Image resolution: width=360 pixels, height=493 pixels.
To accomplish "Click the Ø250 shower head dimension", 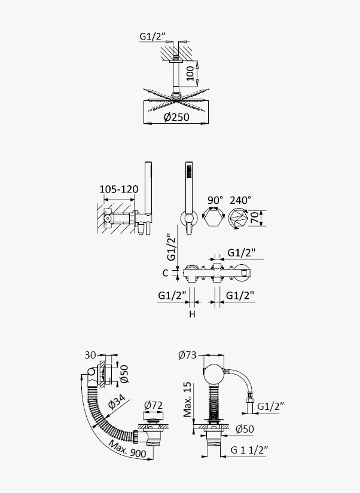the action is [176, 117].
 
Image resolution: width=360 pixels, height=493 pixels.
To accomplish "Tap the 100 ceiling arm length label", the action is [190, 74].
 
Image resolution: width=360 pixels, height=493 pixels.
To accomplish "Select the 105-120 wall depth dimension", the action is [118, 189].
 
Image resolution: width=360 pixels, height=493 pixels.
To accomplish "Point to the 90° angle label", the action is [215, 200].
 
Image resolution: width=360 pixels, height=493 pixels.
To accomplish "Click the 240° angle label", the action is [240, 200].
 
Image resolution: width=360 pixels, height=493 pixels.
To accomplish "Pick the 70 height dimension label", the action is [255, 218].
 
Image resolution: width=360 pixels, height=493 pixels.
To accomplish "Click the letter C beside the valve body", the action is [166, 273].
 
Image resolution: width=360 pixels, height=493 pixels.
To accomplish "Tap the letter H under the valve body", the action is [193, 314].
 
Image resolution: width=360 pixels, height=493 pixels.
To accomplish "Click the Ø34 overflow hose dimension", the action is [117, 402].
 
